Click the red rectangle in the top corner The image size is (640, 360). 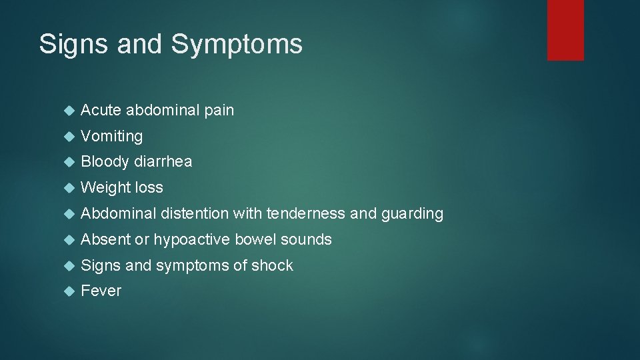coord(565,30)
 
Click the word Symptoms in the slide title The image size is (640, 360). coord(237,45)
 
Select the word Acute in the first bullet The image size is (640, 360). coord(101,111)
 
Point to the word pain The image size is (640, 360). coord(219,111)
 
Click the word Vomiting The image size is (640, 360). coord(111,137)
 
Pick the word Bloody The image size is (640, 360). coord(105,162)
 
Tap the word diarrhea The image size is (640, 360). coord(163,162)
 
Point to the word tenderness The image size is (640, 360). coord(305,214)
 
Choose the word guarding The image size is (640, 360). coord(412,214)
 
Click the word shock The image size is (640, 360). coord(272,265)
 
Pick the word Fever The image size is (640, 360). coord(101,291)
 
